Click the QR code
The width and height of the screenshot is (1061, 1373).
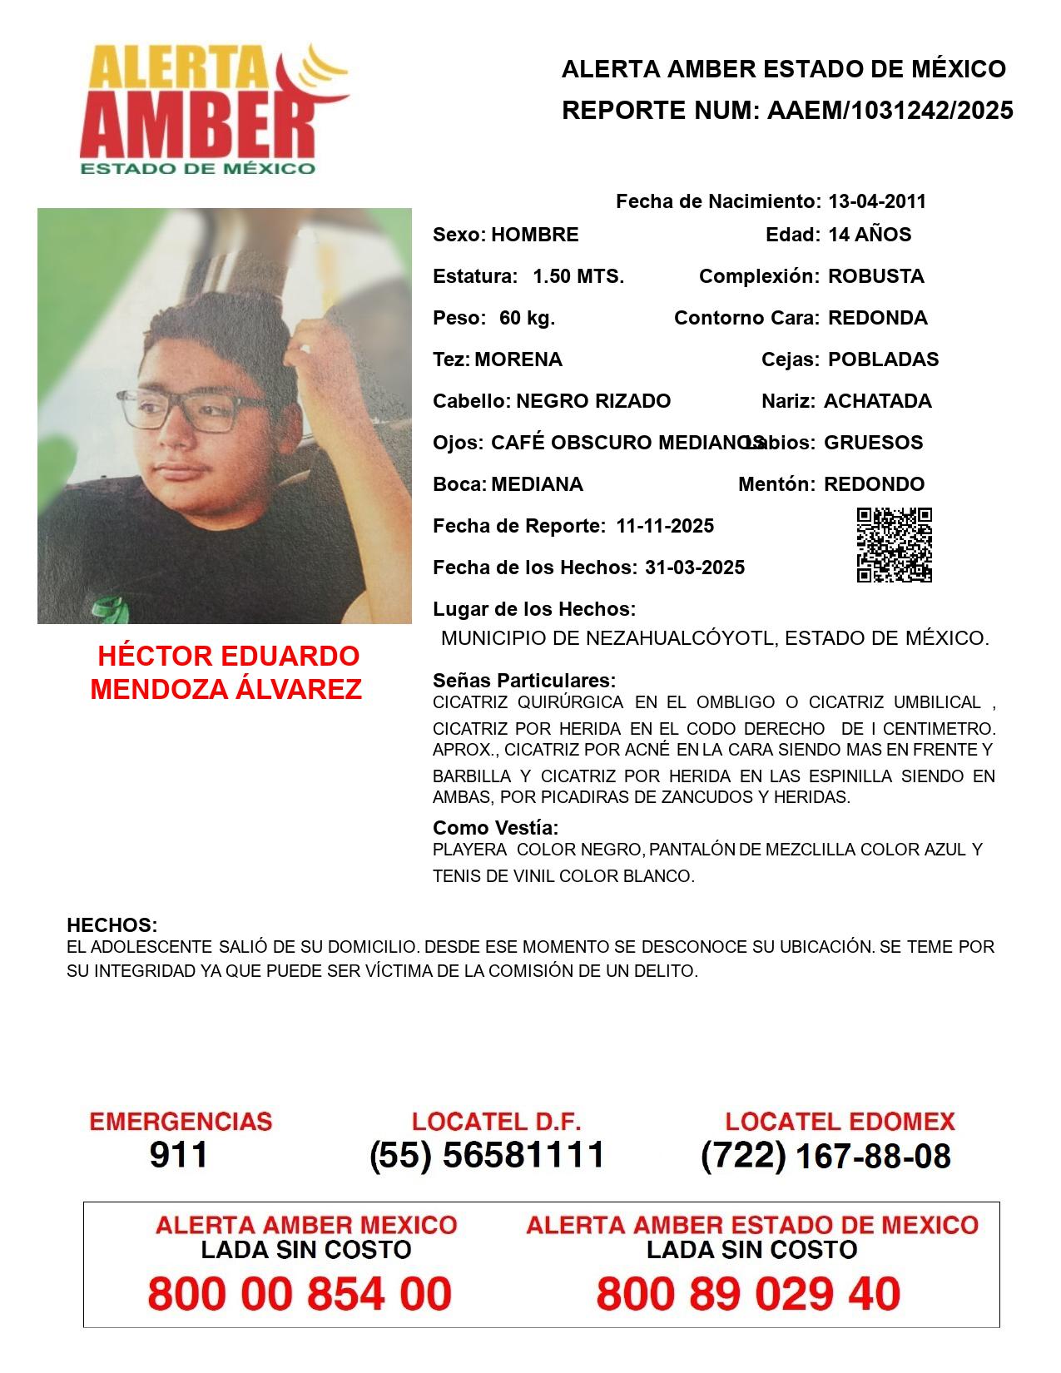895,545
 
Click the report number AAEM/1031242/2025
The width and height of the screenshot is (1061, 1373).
890,110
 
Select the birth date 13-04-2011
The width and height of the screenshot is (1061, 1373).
876,201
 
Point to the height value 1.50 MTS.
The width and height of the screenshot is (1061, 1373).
578,276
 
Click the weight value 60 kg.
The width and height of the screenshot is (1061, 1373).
527,318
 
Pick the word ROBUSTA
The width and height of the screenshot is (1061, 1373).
875,276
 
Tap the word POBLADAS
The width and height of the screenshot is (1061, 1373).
883,359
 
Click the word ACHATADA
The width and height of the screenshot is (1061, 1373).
877,401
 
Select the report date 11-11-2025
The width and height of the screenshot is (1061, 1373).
665,526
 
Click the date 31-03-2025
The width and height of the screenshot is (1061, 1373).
695,568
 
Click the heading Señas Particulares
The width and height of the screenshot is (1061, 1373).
523,681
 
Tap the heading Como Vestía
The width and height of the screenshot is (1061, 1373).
495,828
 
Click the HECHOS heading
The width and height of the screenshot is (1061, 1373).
112,925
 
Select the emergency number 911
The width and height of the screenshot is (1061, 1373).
179,1155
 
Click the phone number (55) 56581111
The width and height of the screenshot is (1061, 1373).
488,1155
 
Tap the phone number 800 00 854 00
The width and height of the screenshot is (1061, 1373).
300,1294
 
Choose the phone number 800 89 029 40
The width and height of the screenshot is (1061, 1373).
748,1294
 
